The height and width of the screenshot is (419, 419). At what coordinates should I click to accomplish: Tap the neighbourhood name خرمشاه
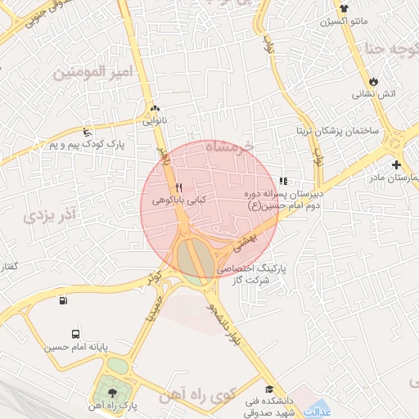tap(231, 147)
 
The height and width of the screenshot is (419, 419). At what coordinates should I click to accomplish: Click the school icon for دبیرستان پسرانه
tap(284, 181)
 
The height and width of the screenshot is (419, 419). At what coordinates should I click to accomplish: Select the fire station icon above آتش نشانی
tap(374, 81)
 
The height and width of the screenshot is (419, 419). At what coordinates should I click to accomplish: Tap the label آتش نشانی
tap(374, 94)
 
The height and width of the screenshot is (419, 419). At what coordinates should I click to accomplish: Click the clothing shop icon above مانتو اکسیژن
tap(345, 9)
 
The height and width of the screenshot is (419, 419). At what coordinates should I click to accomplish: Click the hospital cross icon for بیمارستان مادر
tap(397, 164)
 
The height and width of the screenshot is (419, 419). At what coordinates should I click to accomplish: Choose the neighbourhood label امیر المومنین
tap(92, 73)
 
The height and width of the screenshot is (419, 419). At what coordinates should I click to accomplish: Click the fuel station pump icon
tap(63, 300)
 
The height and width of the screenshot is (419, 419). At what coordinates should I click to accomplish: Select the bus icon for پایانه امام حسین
tap(75, 335)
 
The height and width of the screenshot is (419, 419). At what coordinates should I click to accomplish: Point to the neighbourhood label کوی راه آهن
tap(200, 395)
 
